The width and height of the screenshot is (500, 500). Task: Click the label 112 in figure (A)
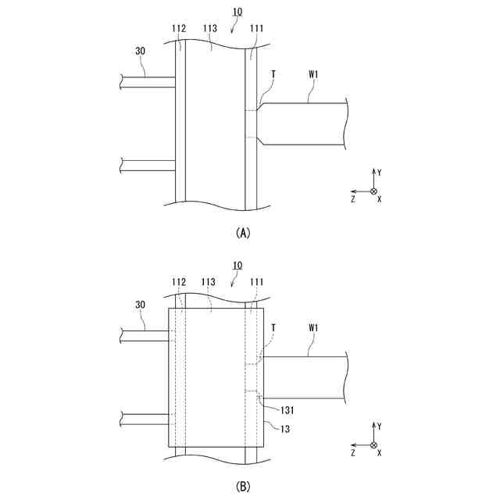pos(179,29)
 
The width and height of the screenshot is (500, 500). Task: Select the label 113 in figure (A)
pos(209,29)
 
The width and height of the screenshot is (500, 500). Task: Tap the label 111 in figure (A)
pos(256,29)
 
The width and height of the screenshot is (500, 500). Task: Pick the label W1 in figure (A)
pos(313,75)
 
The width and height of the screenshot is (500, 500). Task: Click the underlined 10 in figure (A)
pos(237,12)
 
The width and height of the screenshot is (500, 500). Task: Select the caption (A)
pos(242,232)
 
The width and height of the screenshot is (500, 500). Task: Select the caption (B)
pos(242,486)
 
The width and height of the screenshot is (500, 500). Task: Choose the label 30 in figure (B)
pos(141,305)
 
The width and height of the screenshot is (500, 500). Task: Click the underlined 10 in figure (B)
pos(237,266)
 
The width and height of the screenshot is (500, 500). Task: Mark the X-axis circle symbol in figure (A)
pos(373,191)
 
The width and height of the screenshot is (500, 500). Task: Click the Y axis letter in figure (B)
pos(379,427)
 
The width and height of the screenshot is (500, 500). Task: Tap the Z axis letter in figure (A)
pos(353,199)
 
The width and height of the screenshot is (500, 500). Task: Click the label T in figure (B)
pos(273,327)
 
